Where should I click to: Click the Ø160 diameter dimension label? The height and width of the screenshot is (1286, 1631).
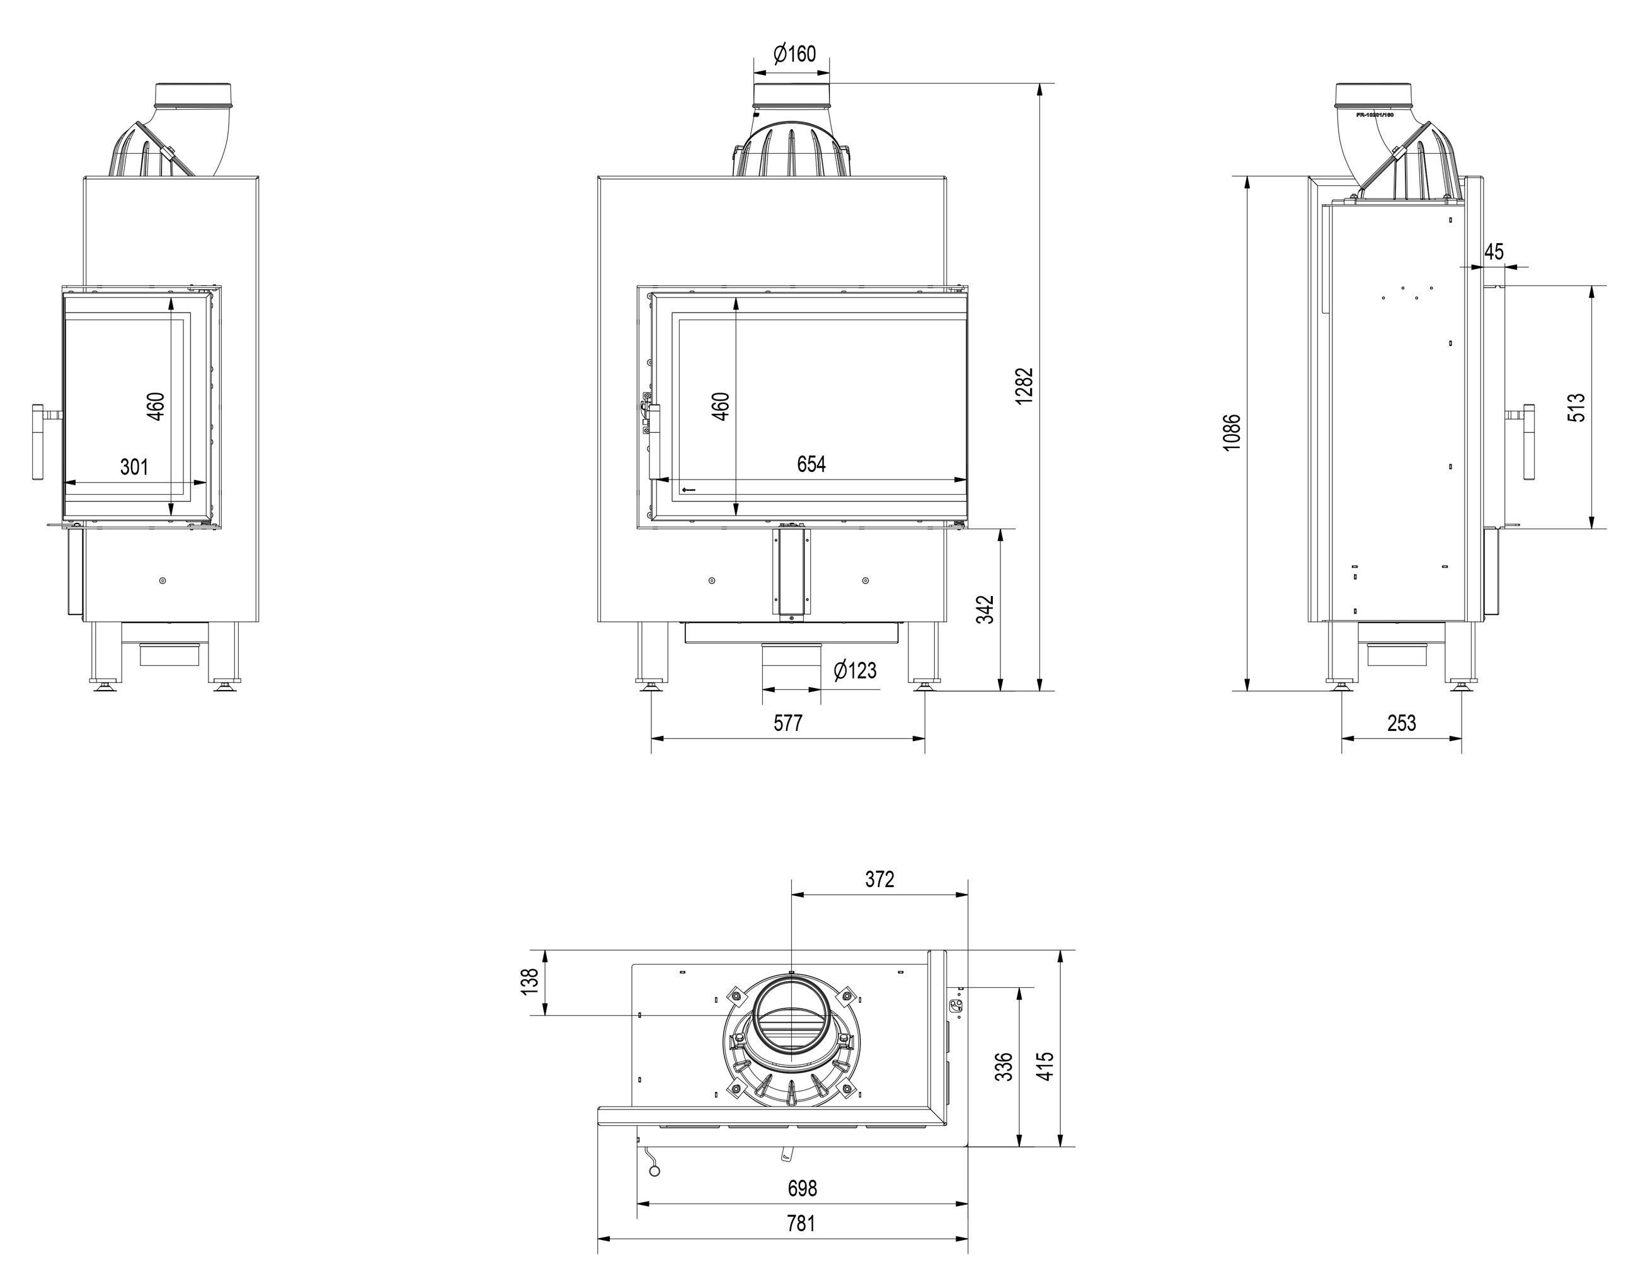[794, 54]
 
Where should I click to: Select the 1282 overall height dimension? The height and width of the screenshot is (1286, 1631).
[1024, 386]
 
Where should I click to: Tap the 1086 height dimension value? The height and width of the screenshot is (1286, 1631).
[1232, 432]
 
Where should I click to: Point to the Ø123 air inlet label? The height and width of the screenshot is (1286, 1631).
[855, 670]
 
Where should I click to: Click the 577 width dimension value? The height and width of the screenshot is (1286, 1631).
[788, 723]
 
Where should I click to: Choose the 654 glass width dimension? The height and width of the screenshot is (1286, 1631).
[811, 464]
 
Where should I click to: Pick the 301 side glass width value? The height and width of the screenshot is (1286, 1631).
[134, 467]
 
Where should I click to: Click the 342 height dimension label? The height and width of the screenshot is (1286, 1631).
[985, 610]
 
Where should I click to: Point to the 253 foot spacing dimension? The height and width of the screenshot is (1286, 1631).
[1402, 723]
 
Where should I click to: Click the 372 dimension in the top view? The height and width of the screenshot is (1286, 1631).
[879, 880]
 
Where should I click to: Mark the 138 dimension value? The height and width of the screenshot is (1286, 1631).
[530, 982]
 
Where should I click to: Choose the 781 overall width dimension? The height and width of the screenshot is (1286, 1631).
[801, 1224]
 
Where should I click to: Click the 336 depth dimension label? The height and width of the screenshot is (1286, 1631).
[1004, 1067]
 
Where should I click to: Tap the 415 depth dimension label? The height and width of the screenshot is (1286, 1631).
[1045, 1067]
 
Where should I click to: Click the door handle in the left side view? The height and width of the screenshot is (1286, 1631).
[38, 442]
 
